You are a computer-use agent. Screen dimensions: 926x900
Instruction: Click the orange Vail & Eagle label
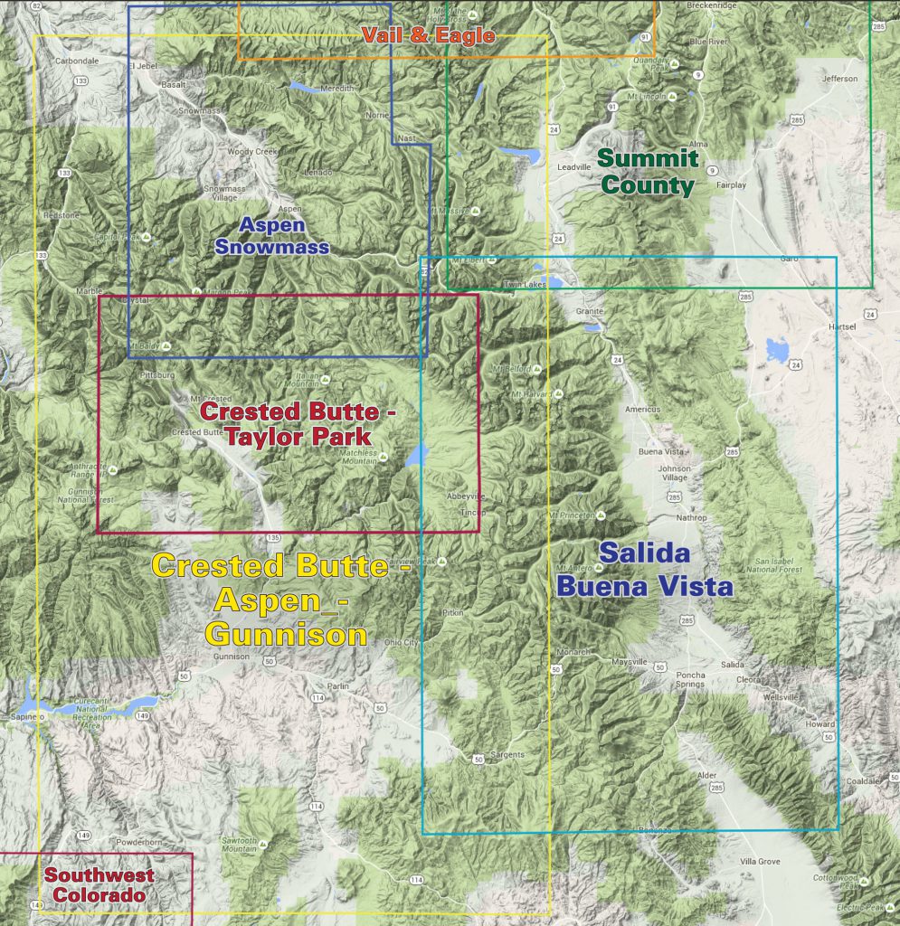tap(428, 35)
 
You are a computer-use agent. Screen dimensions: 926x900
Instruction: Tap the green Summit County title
tap(649, 173)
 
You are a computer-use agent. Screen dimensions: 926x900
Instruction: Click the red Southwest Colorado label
tap(99, 885)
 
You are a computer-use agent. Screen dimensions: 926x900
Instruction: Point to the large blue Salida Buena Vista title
tap(644, 570)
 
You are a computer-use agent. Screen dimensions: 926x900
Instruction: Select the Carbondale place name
tap(76, 61)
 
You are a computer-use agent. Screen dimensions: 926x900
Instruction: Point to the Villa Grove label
tap(760, 862)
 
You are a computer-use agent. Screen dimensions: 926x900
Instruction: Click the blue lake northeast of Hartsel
tap(777, 349)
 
